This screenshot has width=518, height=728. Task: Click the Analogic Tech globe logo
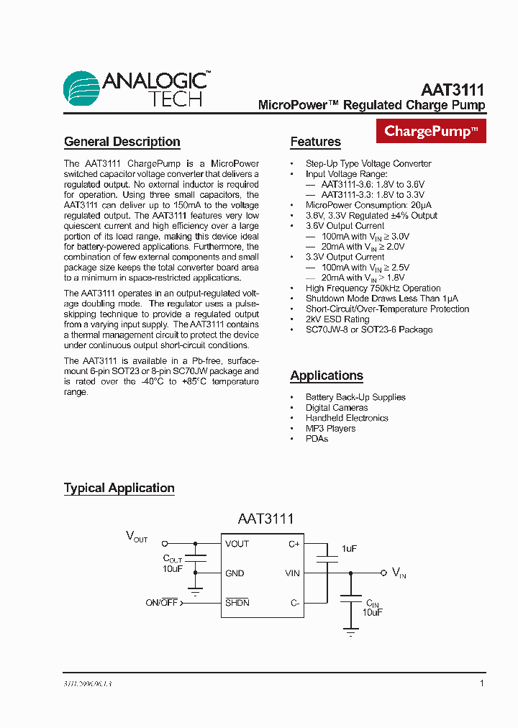pyautogui.click(x=82, y=89)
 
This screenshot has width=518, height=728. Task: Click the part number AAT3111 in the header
pyautogui.click(x=453, y=91)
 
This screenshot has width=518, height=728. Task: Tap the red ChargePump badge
pyautogui.click(x=431, y=131)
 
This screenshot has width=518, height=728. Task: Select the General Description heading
pyautogui.click(x=122, y=142)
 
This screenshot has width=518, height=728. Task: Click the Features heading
pyautogui.click(x=315, y=142)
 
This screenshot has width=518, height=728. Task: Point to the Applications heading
pyautogui.click(x=327, y=376)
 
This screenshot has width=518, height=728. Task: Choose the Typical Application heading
pyautogui.click(x=119, y=488)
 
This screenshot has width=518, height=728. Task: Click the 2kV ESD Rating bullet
pyautogui.click(x=337, y=319)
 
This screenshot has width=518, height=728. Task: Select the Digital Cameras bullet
pyautogui.click(x=336, y=408)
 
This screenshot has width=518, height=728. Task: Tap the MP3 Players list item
pyautogui.click(x=330, y=429)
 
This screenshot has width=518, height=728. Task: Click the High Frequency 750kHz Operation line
pyautogui.click(x=373, y=288)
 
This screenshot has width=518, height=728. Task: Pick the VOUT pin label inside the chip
pyautogui.click(x=237, y=544)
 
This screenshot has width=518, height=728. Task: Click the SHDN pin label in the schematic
pyautogui.click(x=237, y=602)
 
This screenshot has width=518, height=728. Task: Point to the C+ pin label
pyautogui.click(x=294, y=544)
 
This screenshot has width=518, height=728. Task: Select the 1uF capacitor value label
pyautogui.click(x=349, y=548)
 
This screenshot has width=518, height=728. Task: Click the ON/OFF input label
pyautogui.click(x=162, y=603)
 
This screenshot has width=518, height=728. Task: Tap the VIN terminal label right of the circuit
pyautogui.click(x=399, y=573)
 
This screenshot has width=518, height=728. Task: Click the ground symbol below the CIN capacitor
pyautogui.click(x=351, y=634)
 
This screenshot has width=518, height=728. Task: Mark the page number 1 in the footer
pyautogui.click(x=481, y=683)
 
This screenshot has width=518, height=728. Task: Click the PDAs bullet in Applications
pyautogui.click(x=317, y=439)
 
